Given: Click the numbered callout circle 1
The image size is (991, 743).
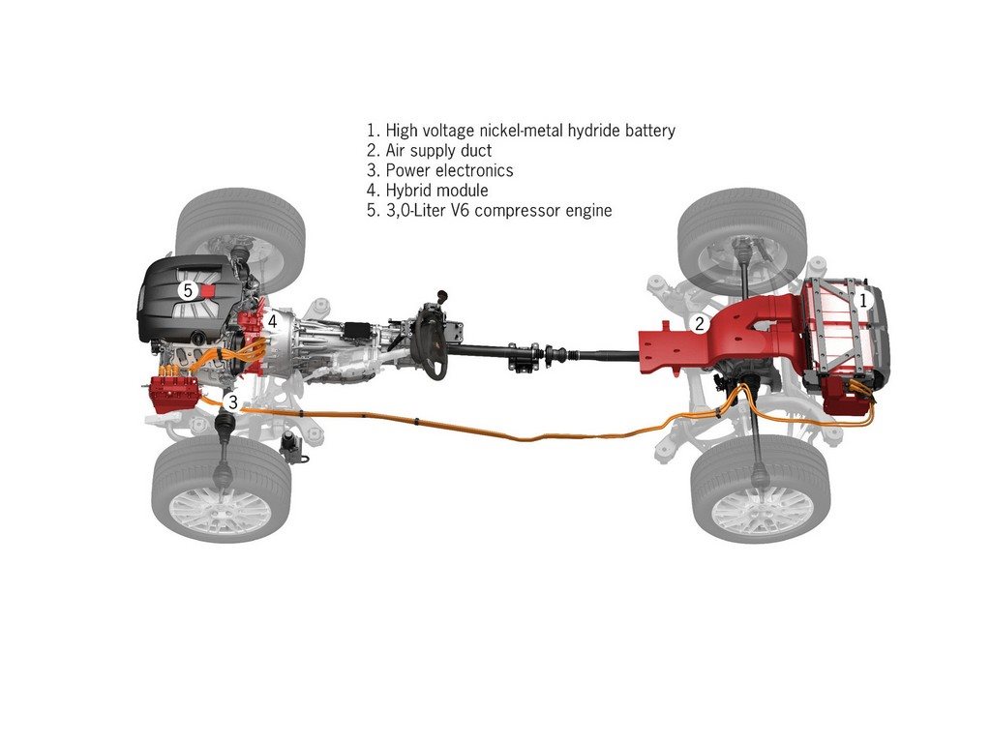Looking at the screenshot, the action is (x=862, y=301).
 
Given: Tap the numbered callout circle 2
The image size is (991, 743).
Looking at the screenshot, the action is (x=699, y=324).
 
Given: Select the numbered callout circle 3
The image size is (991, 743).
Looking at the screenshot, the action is (x=232, y=401).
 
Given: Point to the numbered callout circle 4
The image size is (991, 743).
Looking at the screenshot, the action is (x=272, y=321).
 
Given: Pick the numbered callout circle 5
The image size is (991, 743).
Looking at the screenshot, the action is (x=187, y=290).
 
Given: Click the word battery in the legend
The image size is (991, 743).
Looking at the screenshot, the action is (x=649, y=131).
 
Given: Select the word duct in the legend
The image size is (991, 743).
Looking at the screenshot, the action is (x=475, y=150).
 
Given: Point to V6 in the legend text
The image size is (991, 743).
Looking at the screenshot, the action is (x=457, y=210).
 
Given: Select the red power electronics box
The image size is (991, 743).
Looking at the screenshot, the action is (x=173, y=394).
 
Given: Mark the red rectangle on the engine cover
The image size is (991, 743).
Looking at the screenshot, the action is (x=208, y=290).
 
